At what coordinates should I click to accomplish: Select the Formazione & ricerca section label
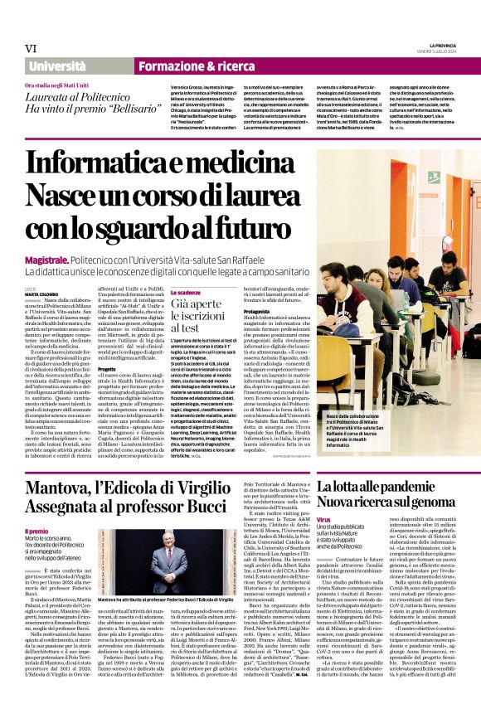pyautogui.click(x=186, y=65)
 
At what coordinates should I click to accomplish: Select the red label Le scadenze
pyautogui.click(x=186, y=294)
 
